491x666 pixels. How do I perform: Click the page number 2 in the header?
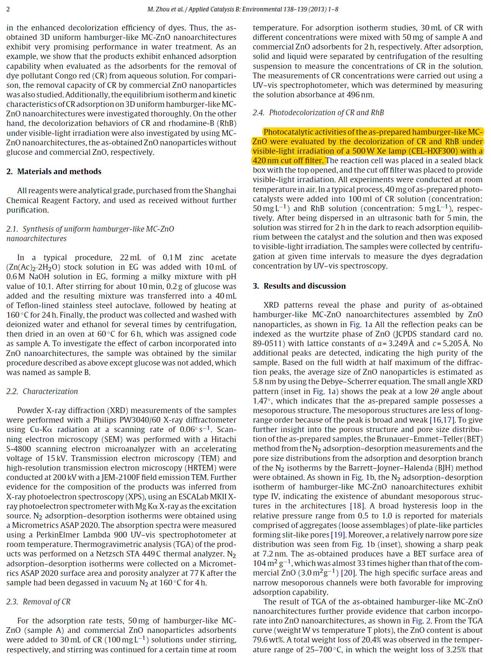click(x=8, y=9)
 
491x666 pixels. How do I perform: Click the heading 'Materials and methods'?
click(x=59, y=172)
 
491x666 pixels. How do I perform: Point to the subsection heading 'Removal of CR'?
click(x=46, y=602)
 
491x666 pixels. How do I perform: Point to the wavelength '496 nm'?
click(x=361, y=95)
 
